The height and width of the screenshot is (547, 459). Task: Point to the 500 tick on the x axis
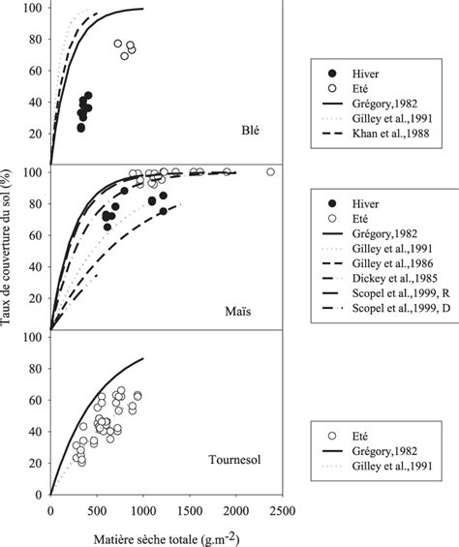(97, 508)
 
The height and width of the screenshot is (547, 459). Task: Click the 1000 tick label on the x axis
(143, 508)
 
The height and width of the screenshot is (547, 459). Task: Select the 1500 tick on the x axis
(189, 508)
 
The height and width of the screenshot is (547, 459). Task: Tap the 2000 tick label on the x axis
(235, 508)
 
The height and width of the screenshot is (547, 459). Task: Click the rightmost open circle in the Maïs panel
(270, 172)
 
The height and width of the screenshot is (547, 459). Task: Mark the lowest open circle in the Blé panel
(125, 56)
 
